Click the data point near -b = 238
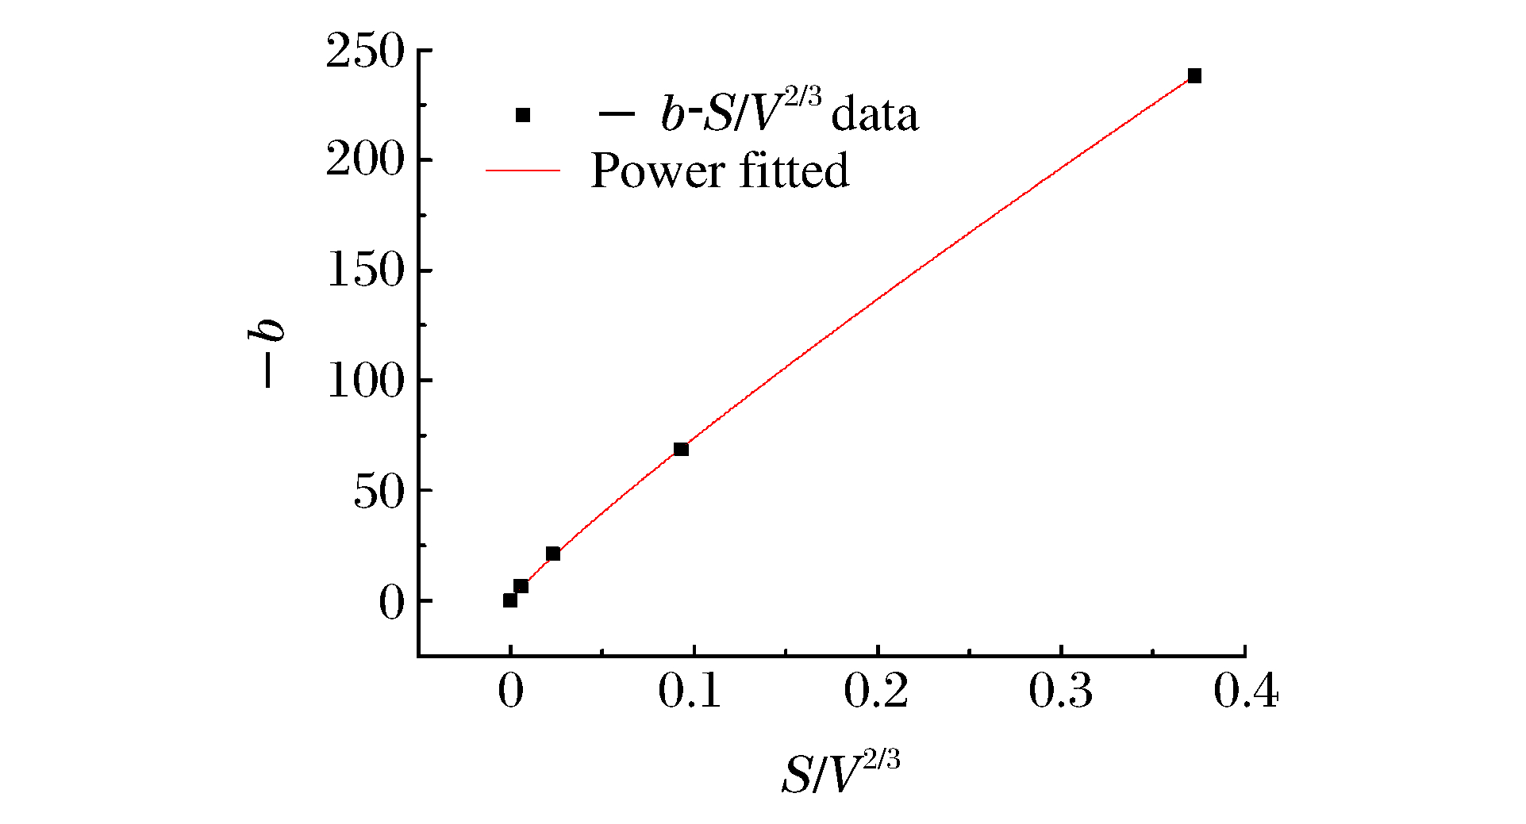(1194, 76)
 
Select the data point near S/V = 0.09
(681, 450)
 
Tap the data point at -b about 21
(553, 554)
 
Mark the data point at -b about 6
(521, 586)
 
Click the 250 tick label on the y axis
(365, 52)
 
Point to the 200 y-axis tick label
(365, 161)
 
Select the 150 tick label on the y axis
(365, 271)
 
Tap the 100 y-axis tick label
(365, 381)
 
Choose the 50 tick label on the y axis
(379, 492)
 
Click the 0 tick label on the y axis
(391, 603)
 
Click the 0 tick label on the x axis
(510, 692)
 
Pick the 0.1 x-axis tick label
(690, 692)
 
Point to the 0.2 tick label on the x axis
(875, 692)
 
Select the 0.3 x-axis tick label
(1060, 692)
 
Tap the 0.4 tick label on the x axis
(1245, 692)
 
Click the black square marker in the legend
(523, 116)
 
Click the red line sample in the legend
(523, 171)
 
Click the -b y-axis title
(266, 353)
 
